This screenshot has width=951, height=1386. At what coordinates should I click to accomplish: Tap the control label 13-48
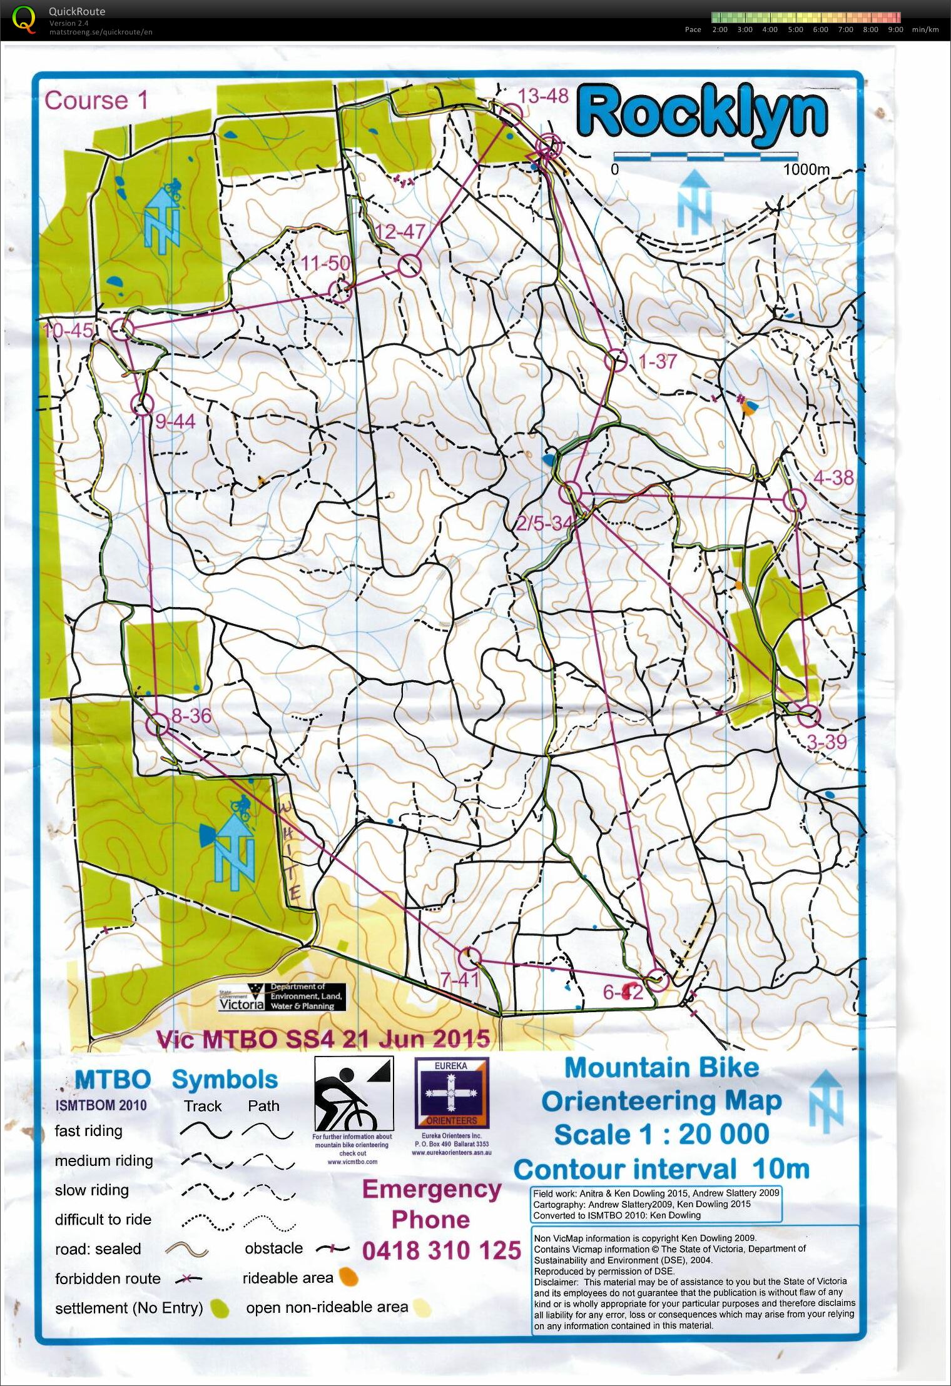click(x=543, y=96)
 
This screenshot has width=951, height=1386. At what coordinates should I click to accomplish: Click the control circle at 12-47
click(x=409, y=266)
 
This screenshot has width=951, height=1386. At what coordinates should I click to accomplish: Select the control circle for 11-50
click(x=340, y=291)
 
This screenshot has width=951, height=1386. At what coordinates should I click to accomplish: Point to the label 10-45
click(x=68, y=330)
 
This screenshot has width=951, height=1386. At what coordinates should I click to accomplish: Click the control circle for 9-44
click(x=142, y=405)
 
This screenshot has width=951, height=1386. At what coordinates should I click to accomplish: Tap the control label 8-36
click(x=191, y=716)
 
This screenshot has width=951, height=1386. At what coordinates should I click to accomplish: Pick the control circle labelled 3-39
click(x=809, y=715)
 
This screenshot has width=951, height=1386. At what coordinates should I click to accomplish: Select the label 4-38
click(x=833, y=478)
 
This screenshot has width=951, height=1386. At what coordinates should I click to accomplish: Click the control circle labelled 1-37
click(x=616, y=361)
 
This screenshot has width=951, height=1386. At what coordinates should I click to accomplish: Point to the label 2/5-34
click(x=543, y=523)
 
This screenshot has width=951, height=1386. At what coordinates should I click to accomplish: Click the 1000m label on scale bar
click(x=806, y=169)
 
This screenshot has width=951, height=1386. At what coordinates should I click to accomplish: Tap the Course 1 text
click(x=96, y=101)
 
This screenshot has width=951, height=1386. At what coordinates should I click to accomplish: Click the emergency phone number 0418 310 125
click(x=441, y=1250)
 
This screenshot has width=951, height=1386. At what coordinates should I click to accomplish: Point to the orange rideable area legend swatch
click(x=348, y=1277)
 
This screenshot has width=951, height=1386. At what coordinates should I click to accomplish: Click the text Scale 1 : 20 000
click(x=661, y=1134)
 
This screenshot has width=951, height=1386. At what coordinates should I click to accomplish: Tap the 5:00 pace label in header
click(x=795, y=29)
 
